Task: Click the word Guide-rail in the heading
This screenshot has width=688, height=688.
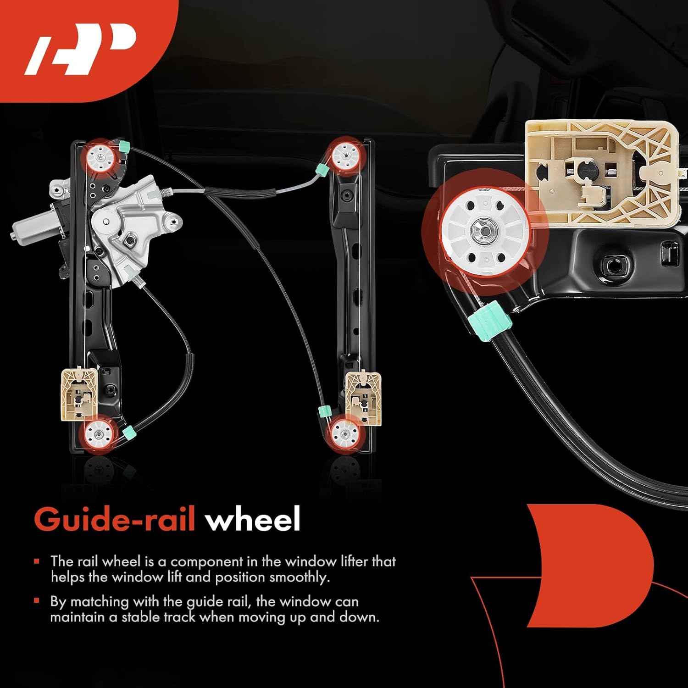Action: pos(115,519)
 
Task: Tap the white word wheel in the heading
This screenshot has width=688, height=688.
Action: pos(253,519)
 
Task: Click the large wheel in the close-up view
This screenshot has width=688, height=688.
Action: pos(484,232)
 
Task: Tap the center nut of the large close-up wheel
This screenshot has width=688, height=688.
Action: pos(484,231)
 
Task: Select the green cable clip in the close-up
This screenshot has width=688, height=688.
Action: pos(489,321)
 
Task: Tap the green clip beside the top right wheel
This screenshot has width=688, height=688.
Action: pos(322,170)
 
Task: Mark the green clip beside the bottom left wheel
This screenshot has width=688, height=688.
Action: pos(128,431)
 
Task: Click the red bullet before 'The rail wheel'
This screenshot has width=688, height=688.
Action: pos(37,561)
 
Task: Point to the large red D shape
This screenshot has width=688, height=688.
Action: pos(592,564)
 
